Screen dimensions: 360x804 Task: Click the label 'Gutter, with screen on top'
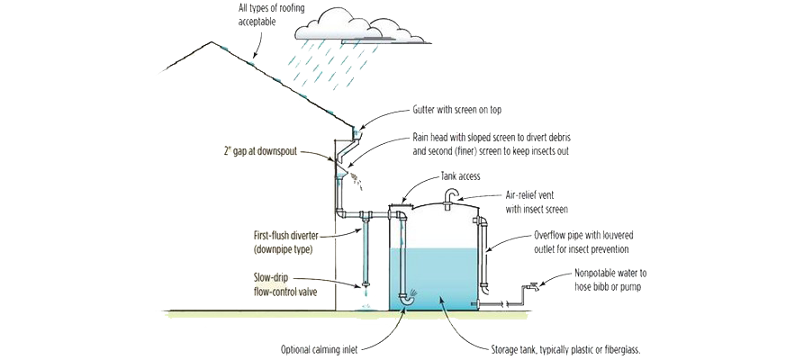click(456, 110)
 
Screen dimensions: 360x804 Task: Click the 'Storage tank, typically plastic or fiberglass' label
click(564, 348)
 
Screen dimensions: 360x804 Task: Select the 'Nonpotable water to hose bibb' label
click(611, 278)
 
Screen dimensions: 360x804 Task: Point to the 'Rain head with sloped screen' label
click(491, 142)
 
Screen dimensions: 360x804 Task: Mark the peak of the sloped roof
click(212, 42)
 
